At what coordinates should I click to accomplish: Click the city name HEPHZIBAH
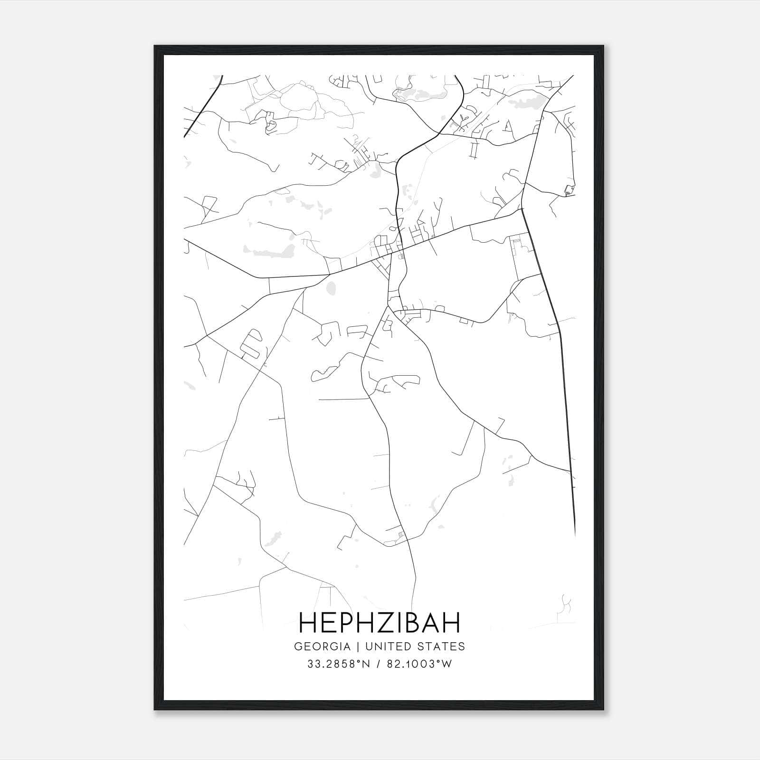coord(380,623)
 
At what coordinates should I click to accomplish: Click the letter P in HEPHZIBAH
coord(339,623)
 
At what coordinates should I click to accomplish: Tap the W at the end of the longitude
coord(447,664)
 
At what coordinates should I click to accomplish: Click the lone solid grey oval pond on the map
coord(331,287)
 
